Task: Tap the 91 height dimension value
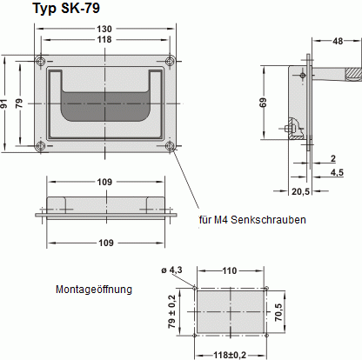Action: pyautogui.click(x=7, y=103)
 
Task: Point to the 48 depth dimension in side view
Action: pyautogui.click(x=337, y=41)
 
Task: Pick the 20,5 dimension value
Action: pyautogui.click(x=299, y=190)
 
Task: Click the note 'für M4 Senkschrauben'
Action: pyautogui.click(x=251, y=220)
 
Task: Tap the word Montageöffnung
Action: pyautogui.click(x=94, y=289)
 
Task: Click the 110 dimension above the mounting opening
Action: pyautogui.click(x=229, y=271)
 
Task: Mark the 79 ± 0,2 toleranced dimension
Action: pyautogui.click(x=171, y=310)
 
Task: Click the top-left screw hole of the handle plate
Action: pyautogui.click(x=39, y=61)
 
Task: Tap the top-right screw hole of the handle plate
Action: pyautogui.click(x=170, y=61)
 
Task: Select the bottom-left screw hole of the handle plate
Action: pyautogui.click(x=39, y=146)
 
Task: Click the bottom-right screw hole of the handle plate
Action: pyautogui.click(x=170, y=146)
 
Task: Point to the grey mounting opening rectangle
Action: pyautogui.click(x=230, y=309)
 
